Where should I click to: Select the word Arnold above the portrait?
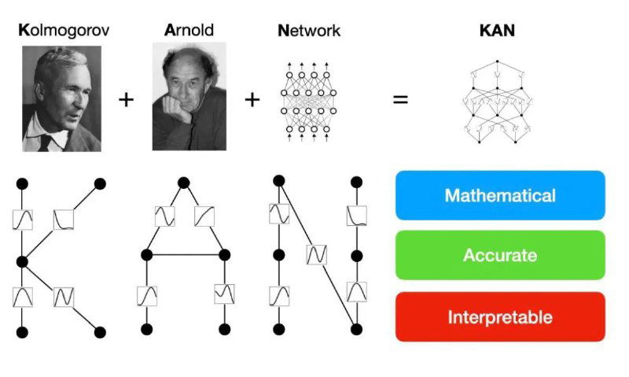[x=189, y=31]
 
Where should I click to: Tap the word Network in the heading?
[x=309, y=31]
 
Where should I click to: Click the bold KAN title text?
[x=497, y=31]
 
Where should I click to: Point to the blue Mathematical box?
[x=500, y=195]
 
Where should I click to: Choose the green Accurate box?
[x=500, y=255]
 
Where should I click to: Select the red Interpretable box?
[x=500, y=317]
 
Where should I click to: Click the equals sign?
[x=400, y=101]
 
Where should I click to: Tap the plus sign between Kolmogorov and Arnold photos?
[x=126, y=100]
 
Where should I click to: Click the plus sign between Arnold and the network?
[x=252, y=100]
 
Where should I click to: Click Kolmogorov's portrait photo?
[x=62, y=98]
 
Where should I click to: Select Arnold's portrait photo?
[x=189, y=96]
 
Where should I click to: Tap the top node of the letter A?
[x=184, y=183]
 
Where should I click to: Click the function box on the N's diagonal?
[x=316, y=255]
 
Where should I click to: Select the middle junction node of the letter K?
[x=22, y=261]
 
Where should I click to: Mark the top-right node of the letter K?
[x=100, y=184]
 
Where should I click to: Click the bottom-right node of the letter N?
[x=356, y=328]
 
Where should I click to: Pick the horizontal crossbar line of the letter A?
[x=185, y=254]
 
